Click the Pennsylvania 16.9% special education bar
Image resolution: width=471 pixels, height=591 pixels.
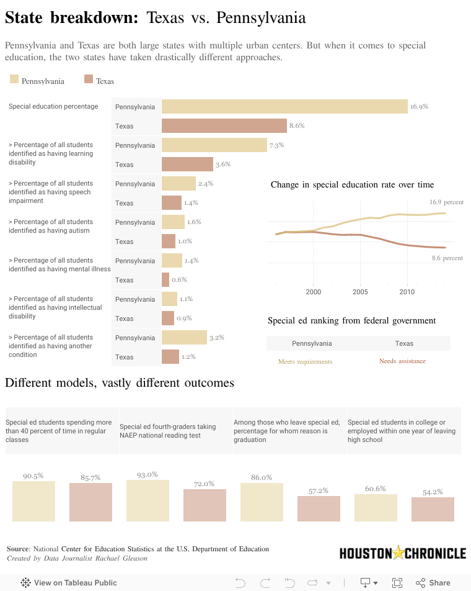284,107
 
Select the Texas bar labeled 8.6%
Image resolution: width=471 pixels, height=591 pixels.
224,126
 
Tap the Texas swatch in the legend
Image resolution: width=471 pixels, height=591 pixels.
89,79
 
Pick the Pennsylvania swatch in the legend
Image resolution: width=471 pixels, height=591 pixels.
14,79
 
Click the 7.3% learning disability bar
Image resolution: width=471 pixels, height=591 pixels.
214,145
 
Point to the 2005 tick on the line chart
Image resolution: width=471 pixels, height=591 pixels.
360,291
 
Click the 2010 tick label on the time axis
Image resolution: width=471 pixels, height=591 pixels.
407,291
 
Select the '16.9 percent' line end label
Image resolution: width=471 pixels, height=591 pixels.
446,202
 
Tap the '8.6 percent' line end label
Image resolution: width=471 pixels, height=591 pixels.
447,258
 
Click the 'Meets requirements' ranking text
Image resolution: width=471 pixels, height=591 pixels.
305,361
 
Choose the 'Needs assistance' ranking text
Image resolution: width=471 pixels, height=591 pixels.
402,361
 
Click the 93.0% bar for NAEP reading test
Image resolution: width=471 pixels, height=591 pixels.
147,500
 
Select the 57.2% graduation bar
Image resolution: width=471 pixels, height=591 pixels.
319,508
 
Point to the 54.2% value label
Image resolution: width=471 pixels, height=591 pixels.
433,492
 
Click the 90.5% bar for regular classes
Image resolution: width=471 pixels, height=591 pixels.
33,501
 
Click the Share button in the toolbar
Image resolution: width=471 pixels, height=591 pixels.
433,583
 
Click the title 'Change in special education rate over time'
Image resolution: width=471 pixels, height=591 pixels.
352,184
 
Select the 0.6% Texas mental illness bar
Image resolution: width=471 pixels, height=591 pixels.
165,280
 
